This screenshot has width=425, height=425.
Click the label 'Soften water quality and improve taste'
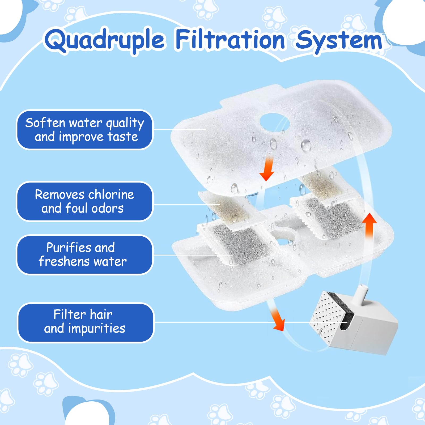point(84,130)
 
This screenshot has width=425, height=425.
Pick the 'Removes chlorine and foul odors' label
point(84,201)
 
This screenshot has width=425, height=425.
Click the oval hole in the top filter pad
point(274,122)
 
